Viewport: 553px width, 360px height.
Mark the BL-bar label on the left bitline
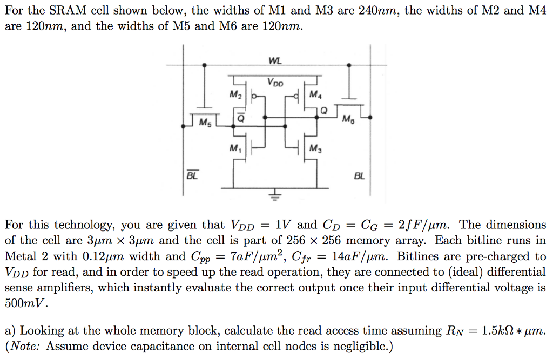tap(192, 176)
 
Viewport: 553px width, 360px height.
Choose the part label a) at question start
tap(10, 331)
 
